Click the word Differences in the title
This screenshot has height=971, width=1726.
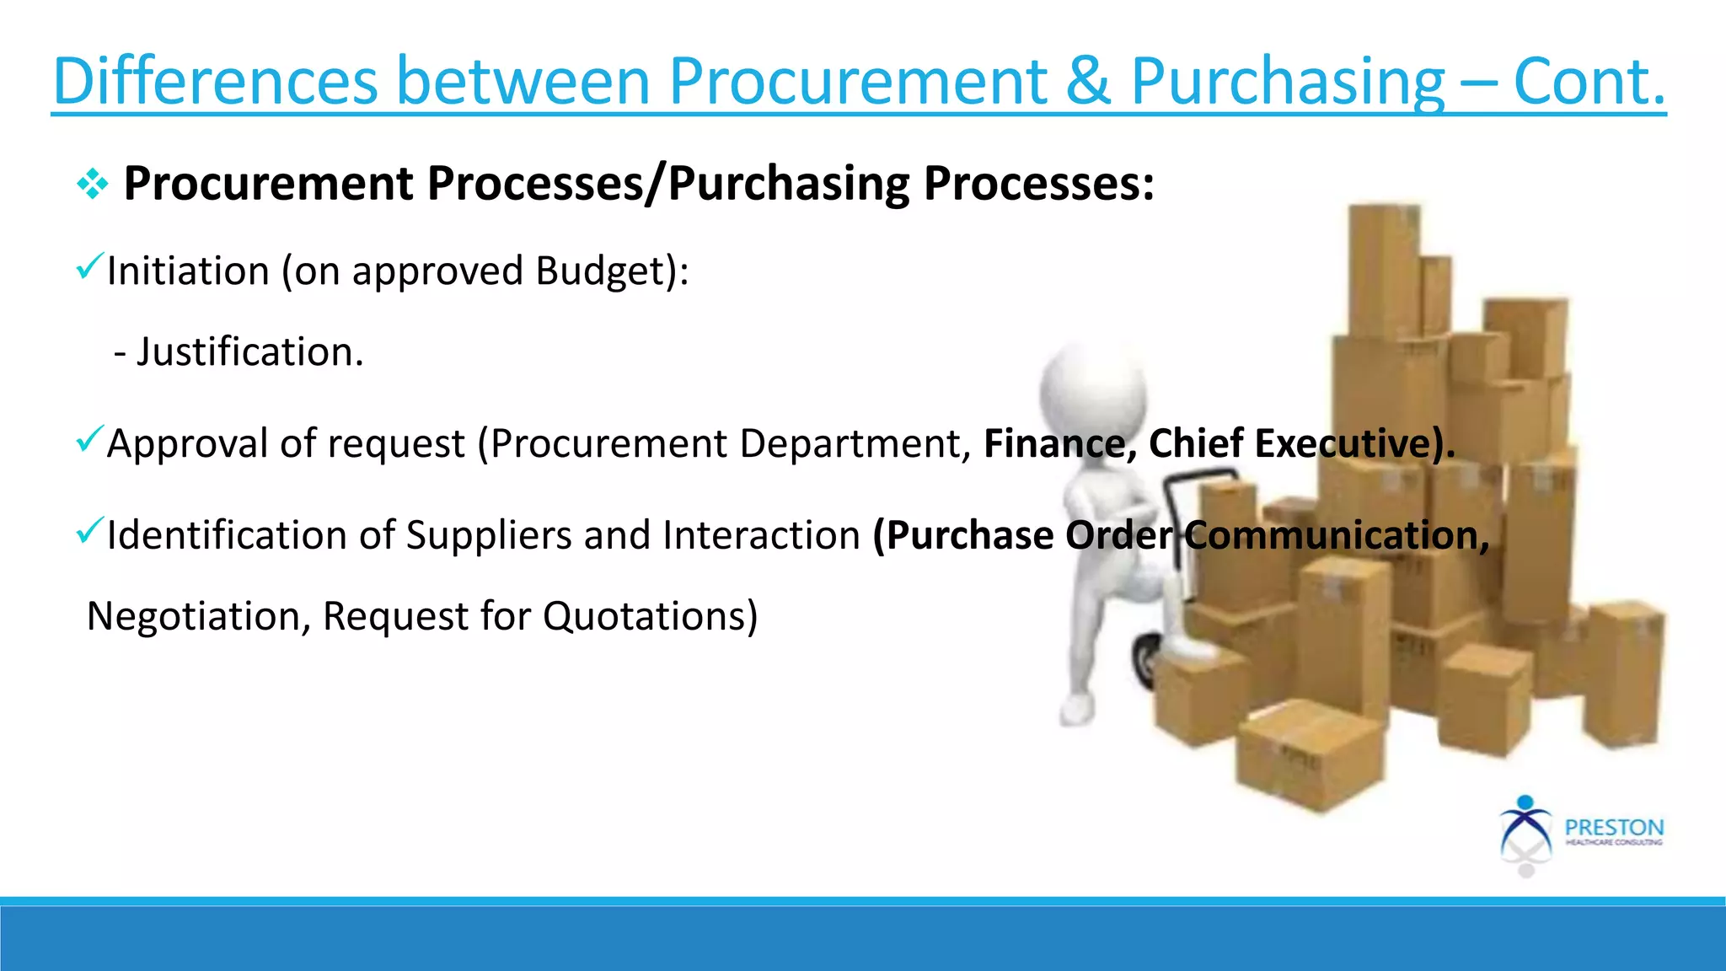point(215,82)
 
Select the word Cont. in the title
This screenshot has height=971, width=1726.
point(1589,82)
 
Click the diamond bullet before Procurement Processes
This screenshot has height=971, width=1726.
point(92,184)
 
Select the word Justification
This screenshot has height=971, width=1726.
point(249,351)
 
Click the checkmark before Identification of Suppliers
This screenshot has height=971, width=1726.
point(89,530)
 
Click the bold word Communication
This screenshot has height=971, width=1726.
point(1336,535)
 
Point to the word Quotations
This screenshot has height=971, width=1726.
point(650,616)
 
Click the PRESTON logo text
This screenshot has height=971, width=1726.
point(1614,828)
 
